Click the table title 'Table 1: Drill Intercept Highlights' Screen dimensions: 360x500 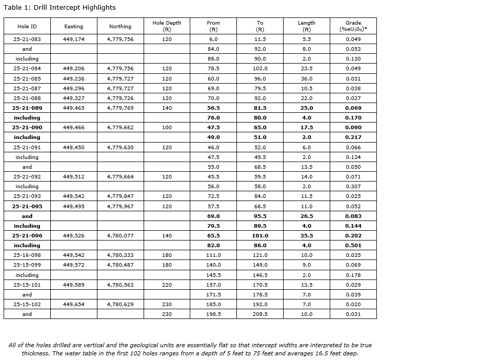pyautogui.click(x=59, y=8)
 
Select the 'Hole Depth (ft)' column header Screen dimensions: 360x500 pyautogui.click(x=167, y=26)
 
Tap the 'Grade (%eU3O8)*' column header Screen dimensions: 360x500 pyautogui.click(x=353, y=26)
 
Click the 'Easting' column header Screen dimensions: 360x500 pyautogui.click(x=73, y=27)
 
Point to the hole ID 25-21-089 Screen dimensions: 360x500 pyautogui.click(x=27, y=108)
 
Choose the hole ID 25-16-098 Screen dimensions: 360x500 pyautogui.click(x=27, y=255)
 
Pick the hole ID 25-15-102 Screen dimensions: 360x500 pyautogui.click(x=27, y=305)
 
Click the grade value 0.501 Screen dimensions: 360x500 pyautogui.click(x=353, y=246)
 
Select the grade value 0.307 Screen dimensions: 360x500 pyautogui.click(x=353, y=187)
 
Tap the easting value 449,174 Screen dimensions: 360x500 pyautogui.click(x=73, y=39)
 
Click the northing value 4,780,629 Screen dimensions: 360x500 pyautogui.click(x=120, y=305)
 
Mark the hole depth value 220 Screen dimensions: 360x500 pyautogui.click(x=167, y=285)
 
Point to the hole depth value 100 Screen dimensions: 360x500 pyautogui.click(x=167, y=128)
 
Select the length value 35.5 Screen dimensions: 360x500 pyautogui.click(x=306, y=236)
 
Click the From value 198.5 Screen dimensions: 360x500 pyautogui.click(x=213, y=314)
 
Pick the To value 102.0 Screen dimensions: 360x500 pyautogui.click(x=260, y=69)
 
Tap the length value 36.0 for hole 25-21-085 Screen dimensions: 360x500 pyautogui.click(x=306, y=79)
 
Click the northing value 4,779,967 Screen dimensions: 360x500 pyautogui.click(x=120, y=207)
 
